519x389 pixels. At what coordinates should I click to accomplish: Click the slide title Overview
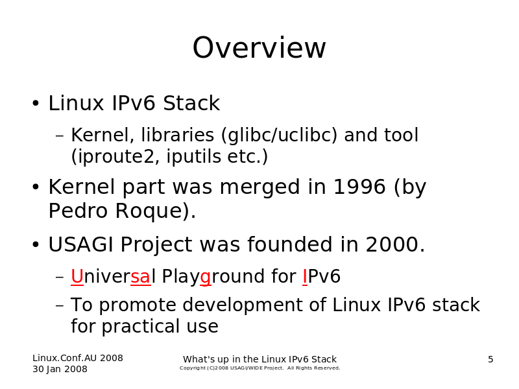pyautogui.click(x=259, y=48)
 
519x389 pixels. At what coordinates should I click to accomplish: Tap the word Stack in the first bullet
pyautogui.click(x=191, y=103)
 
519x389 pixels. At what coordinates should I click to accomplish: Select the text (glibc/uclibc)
pyautogui.click(x=279, y=135)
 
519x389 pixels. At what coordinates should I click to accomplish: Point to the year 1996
pyautogui.click(x=359, y=187)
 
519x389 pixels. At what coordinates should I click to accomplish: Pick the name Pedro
pyautogui.click(x=78, y=211)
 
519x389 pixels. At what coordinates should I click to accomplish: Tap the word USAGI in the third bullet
pyautogui.click(x=80, y=244)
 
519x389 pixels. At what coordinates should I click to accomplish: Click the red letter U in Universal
pyautogui.click(x=77, y=276)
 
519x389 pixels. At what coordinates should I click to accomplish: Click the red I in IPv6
pyautogui.click(x=305, y=276)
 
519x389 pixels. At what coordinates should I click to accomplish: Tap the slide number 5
pyautogui.click(x=490, y=359)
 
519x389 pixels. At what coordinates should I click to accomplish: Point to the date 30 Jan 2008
pyautogui.click(x=60, y=369)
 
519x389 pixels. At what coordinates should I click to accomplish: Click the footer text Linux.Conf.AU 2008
pyautogui.click(x=78, y=358)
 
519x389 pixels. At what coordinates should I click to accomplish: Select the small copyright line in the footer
pyautogui.click(x=260, y=368)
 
